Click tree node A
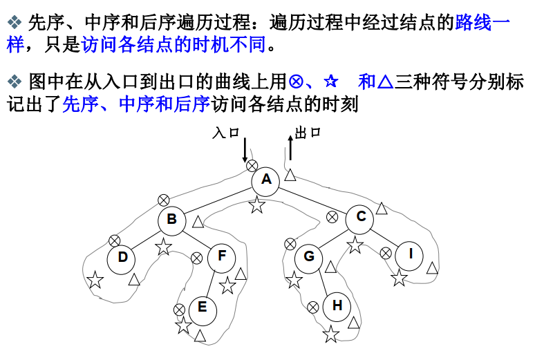(266, 181)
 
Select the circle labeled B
(172, 220)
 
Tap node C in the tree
(361, 217)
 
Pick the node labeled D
(122, 258)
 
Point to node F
(222, 256)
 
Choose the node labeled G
(309, 257)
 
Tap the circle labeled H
(337, 305)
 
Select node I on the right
(411, 254)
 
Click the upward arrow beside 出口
(290, 146)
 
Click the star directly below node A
(257, 205)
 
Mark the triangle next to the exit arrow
(291, 176)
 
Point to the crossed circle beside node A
(252, 166)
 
